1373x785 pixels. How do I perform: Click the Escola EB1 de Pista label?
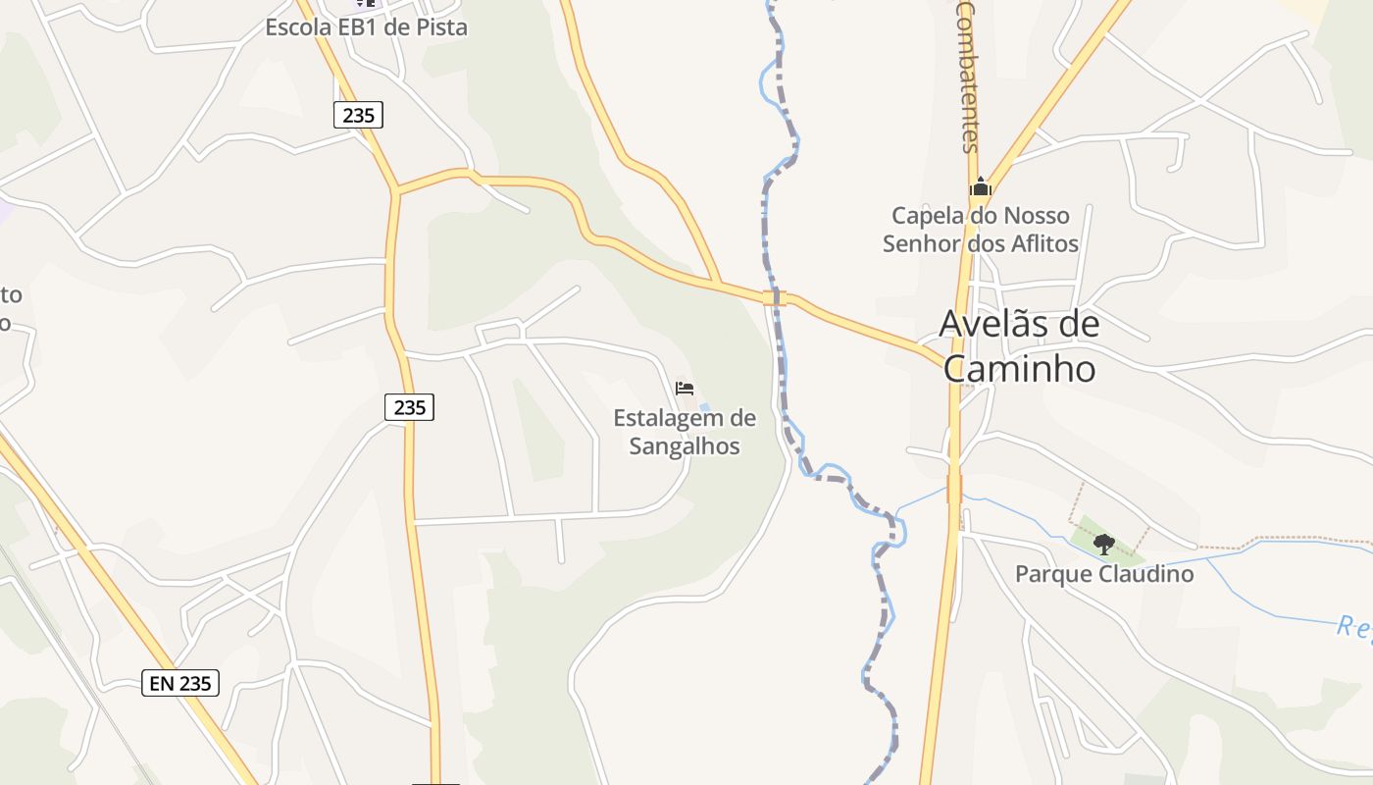pyautogui.click(x=366, y=27)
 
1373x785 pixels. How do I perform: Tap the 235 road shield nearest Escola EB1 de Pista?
pyautogui.click(x=359, y=115)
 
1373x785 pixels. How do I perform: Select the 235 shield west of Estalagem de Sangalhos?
pyautogui.click(x=409, y=406)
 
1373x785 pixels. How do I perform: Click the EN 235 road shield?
pyautogui.click(x=180, y=683)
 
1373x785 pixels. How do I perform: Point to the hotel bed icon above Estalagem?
pyautogui.click(x=685, y=389)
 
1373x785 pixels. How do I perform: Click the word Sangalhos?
pyautogui.click(x=685, y=446)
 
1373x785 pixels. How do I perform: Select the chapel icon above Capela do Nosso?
pyautogui.click(x=980, y=185)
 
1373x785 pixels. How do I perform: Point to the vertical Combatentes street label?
pyautogui.click(x=968, y=77)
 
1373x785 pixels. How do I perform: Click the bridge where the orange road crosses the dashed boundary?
pyautogui.click(x=775, y=296)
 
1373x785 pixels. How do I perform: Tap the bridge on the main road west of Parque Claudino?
pyautogui.click(x=954, y=489)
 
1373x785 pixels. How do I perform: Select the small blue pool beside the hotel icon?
pyautogui.click(x=704, y=407)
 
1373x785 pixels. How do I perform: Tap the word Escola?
pyautogui.click(x=295, y=27)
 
